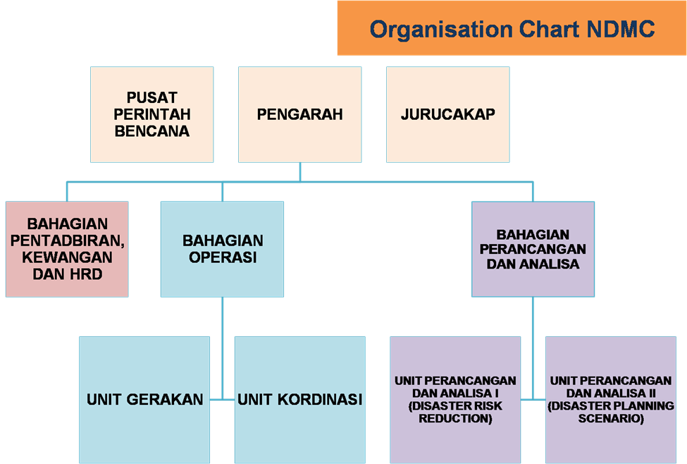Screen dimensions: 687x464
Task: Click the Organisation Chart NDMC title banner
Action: pyautogui.click(x=512, y=28)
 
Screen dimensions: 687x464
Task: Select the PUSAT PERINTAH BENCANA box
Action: pyautogui.click(x=152, y=114)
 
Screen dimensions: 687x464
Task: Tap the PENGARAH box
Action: pyautogui.click(x=300, y=114)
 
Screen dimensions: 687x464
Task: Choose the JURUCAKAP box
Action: pyautogui.click(x=447, y=114)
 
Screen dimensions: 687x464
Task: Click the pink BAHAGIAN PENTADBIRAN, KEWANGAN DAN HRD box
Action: pyautogui.click(x=67, y=249)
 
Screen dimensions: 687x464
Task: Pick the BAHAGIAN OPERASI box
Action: pyautogui.click(x=222, y=249)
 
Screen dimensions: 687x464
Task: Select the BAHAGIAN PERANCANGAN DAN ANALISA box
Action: pyautogui.click(x=533, y=249)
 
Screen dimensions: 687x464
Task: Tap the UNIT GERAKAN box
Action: pyautogui.click(x=144, y=400)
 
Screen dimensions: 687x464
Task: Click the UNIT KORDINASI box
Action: pyautogui.click(x=300, y=400)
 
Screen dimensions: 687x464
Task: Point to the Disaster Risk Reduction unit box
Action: pyautogui.click(x=455, y=400)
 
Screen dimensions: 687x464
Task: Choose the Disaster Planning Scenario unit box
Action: pyautogui.click(x=611, y=400)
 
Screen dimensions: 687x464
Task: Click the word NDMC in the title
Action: pyautogui.click(x=620, y=30)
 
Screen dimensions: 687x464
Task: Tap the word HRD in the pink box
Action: pyautogui.click(x=85, y=274)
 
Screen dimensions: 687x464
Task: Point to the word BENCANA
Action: pyautogui.click(x=152, y=131)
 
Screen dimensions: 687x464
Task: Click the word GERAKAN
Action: pyautogui.click(x=165, y=400)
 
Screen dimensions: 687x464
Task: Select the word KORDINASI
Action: pyautogui.click(x=320, y=400)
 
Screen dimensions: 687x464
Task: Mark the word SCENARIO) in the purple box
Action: pyautogui.click(x=611, y=418)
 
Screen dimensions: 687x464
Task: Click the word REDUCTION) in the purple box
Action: pyautogui.click(x=455, y=418)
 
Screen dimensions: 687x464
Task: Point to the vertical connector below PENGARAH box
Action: pyautogui.click(x=300, y=172)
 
